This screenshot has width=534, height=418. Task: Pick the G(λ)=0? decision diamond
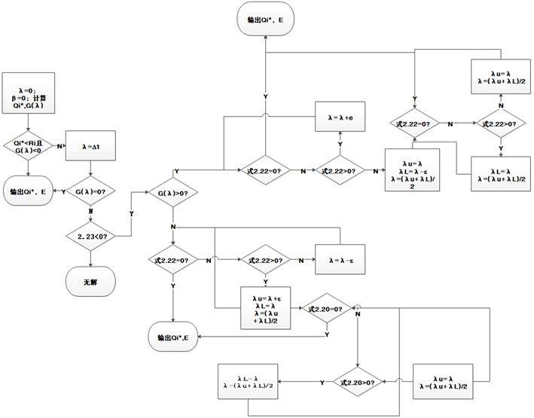[x=90, y=191]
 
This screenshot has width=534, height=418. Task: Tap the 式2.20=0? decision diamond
[x=327, y=308]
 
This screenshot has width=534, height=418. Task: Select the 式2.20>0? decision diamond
[x=358, y=382]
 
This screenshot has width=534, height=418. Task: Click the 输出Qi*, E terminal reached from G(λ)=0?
[x=27, y=192]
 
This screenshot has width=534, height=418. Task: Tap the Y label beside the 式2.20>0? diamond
[x=322, y=383]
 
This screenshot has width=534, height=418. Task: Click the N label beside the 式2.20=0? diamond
[x=357, y=314]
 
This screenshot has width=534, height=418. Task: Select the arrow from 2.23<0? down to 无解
[x=90, y=258]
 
